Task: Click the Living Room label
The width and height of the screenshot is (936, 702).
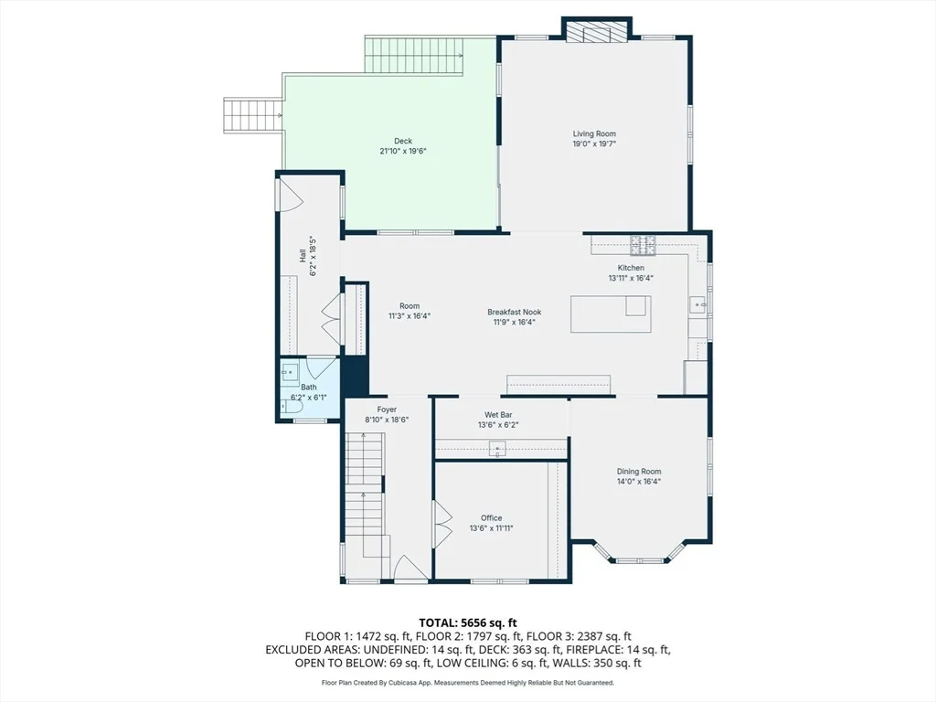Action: (x=594, y=133)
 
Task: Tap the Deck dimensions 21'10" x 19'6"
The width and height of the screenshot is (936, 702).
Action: (x=403, y=151)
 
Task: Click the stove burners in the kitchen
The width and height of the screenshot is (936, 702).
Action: (x=643, y=245)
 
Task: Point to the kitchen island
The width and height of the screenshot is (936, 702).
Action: (x=611, y=314)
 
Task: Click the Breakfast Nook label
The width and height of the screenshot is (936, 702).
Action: (x=514, y=312)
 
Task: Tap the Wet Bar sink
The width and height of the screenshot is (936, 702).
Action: (x=497, y=448)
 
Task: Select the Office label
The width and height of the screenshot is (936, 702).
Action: (x=491, y=517)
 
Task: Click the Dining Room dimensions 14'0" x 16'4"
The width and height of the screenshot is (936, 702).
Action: (x=639, y=481)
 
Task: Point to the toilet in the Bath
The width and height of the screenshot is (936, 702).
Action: (x=292, y=407)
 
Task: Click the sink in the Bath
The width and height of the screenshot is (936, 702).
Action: (x=290, y=371)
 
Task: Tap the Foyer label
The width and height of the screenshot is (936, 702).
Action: (x=387, y=409)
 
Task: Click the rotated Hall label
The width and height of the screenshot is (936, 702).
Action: (x=303, y=256)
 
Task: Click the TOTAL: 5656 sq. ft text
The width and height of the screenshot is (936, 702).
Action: (x=468, y=623)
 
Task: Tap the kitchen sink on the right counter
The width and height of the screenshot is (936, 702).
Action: (x=698, y=304)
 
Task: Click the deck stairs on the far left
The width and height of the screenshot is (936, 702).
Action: (x=252, y=115)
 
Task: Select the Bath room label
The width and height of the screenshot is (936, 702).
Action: (x=309, y=387)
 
